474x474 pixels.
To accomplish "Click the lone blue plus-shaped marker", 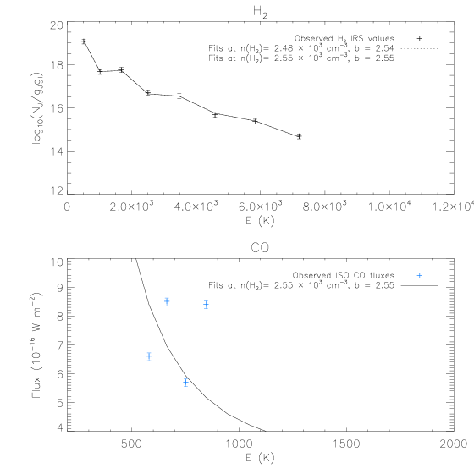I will [419, 275].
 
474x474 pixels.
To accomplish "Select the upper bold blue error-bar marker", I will [167, 301].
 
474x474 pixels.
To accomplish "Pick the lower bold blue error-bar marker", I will [149, 357].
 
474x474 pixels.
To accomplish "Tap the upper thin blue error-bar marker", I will [206, 305].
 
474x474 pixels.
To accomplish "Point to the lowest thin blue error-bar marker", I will [185, 383].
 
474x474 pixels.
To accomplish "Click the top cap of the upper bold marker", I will [167, 298].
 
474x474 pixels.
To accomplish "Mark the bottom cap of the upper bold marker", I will [167, 306].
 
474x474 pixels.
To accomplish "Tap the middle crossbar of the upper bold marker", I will [167, 301].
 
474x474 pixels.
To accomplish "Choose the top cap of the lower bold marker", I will [149, 353].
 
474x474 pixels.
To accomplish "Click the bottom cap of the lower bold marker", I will [149, 361].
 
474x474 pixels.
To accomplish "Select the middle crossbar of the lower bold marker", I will [149, 357].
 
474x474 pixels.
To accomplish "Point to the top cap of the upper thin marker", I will [206, 300].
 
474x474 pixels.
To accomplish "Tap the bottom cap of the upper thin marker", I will [206, 309].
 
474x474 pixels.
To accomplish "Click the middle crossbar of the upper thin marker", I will [206, 305].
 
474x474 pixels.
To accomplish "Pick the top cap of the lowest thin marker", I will [185, 378].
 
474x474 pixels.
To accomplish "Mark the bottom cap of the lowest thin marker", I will [185, 387].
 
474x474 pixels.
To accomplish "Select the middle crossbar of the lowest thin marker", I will [185, 383].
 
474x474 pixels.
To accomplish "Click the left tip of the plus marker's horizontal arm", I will [416, 275].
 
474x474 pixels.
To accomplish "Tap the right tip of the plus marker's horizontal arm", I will [422, 275].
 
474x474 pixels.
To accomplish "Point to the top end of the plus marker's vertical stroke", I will [419, 272].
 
